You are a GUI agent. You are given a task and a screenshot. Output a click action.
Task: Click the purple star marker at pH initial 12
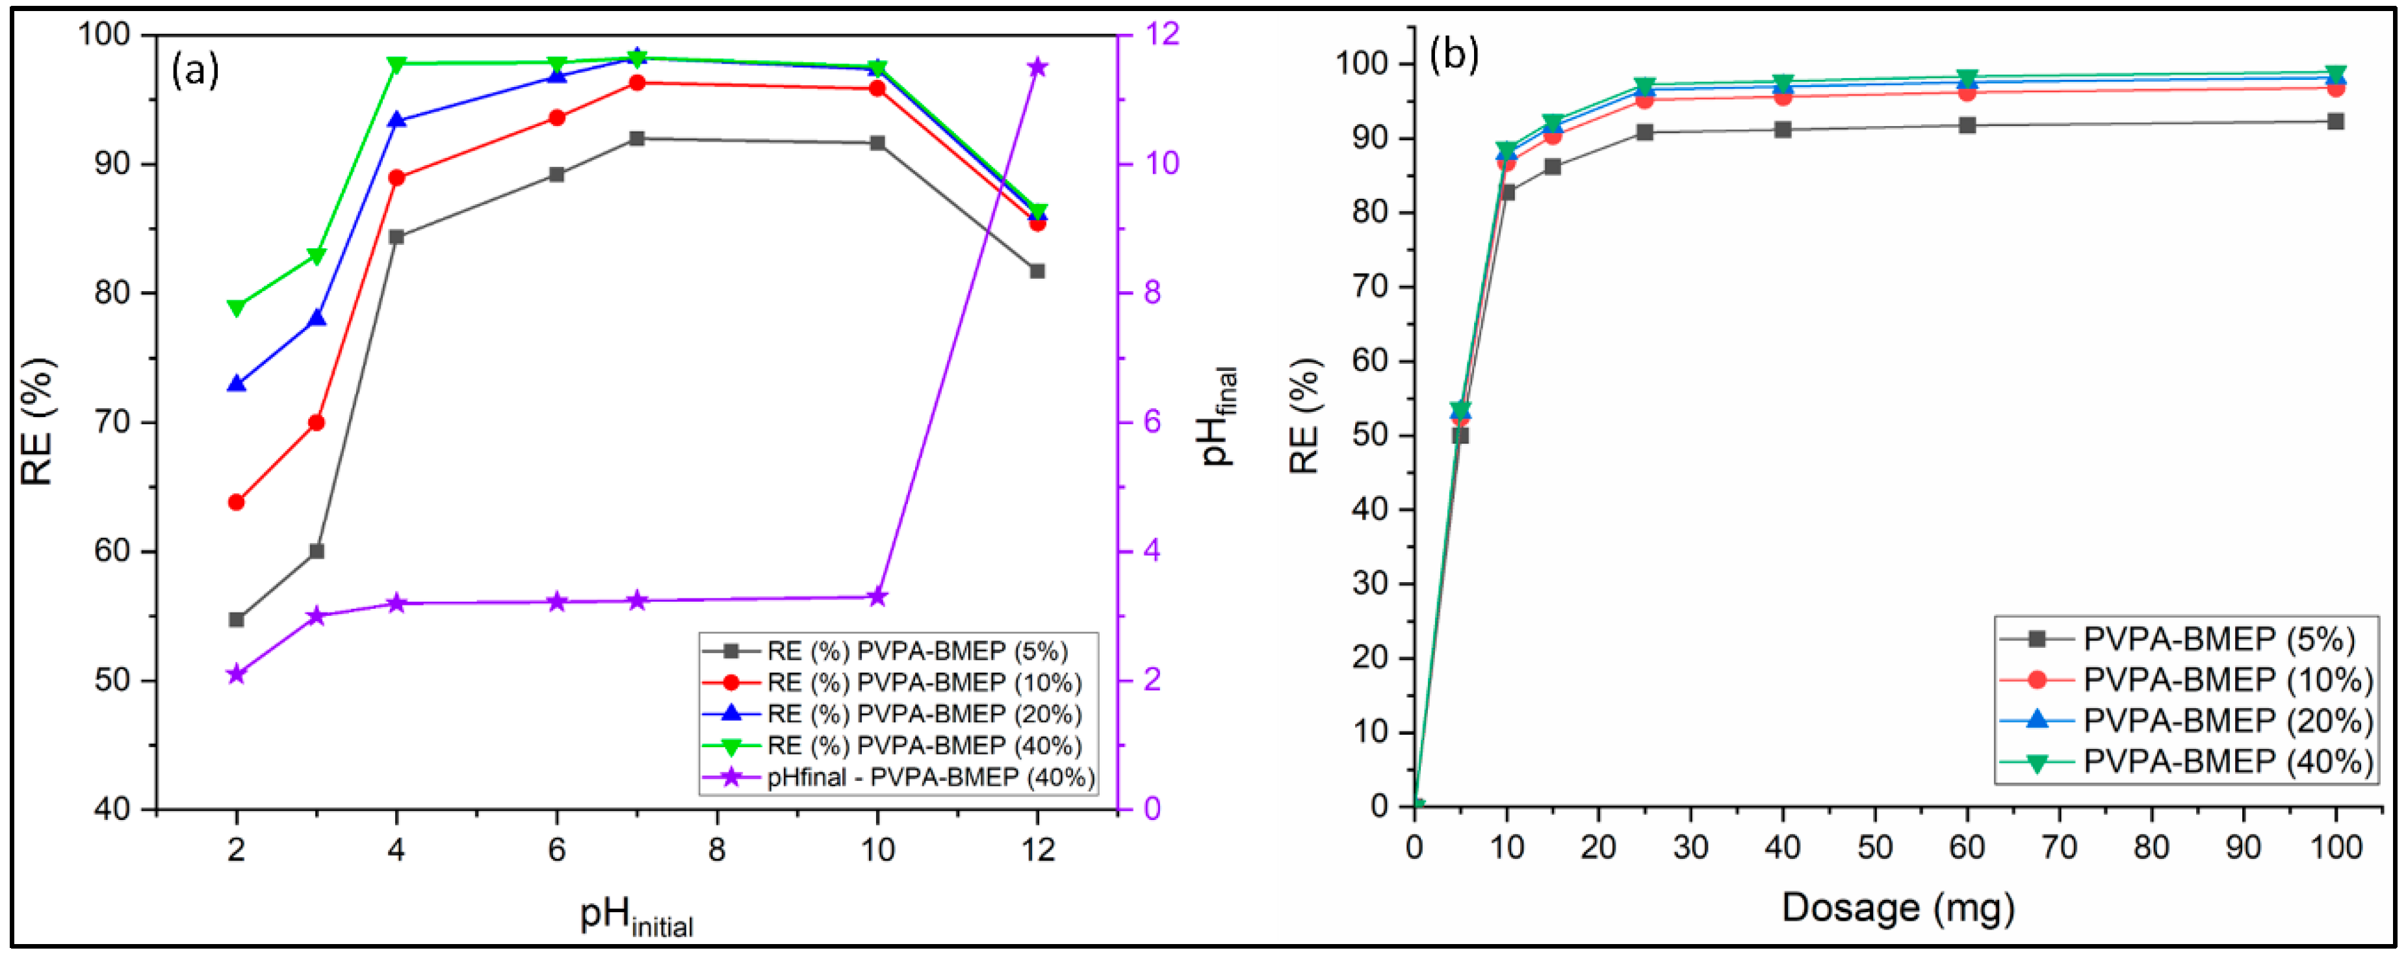[x=1037, y=67]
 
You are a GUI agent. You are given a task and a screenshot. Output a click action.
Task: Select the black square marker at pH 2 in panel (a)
[x=237, y=620]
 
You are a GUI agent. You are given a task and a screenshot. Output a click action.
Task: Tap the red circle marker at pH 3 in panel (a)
[x=317, y=423]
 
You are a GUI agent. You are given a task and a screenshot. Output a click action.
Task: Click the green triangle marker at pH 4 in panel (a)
[x=396, y=64]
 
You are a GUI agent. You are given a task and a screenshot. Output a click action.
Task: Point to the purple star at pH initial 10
[x=877, y=596]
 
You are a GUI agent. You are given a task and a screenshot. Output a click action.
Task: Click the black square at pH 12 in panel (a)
[x=1037, y=271]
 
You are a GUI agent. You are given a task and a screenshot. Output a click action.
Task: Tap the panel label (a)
[x=195, y=70]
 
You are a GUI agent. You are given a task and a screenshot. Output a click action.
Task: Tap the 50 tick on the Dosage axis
[x=1874, y=847]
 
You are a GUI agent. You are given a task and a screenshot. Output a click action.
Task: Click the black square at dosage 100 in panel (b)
[x=2335, y=121]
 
